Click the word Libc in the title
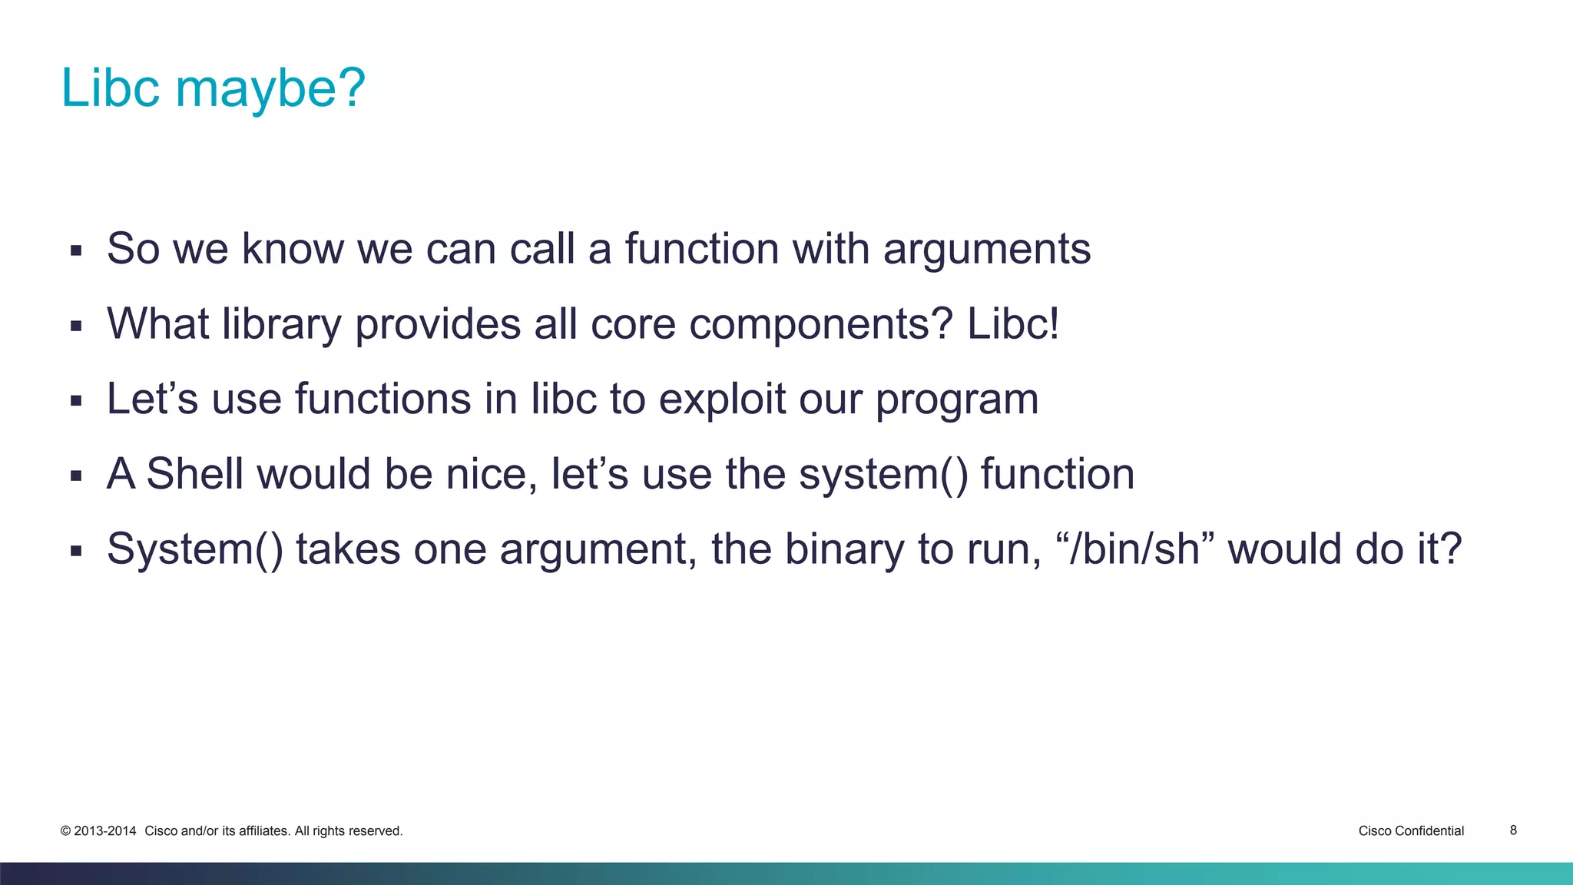pos(110,88)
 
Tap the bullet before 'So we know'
pos(75,250)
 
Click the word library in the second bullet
pos(281,324)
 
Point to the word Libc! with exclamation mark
pos(1012,324)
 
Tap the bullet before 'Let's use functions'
pos(75,400)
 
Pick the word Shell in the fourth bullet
pos(194,473)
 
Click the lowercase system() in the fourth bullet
pos(883,475)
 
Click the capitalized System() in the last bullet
pos(194,550)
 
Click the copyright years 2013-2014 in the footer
pos(104,831)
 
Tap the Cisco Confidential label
pos(1411,831)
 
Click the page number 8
pos(1513,830)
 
